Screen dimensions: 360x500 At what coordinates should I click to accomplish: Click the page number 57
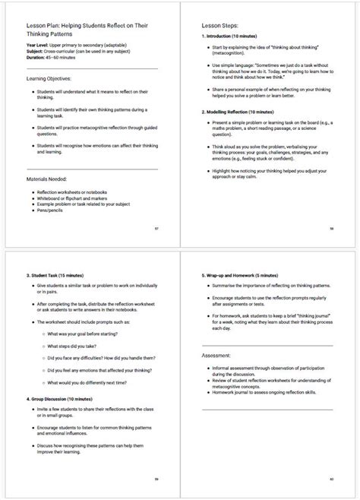156,228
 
